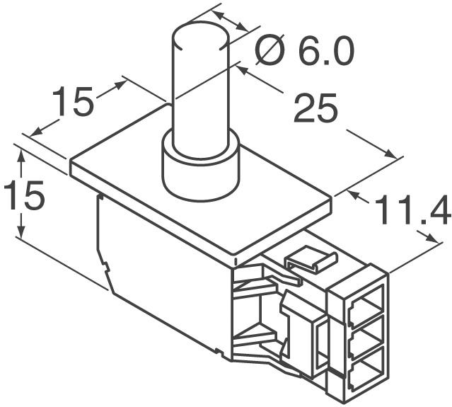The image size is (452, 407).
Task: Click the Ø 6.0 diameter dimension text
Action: pos(304,52)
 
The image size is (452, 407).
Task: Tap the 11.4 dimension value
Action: pos(412,210)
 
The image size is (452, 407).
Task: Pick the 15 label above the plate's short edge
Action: pos(74,103)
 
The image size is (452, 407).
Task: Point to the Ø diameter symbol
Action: pos(270,52)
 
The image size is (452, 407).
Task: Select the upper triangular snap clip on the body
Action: pos(255,286)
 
